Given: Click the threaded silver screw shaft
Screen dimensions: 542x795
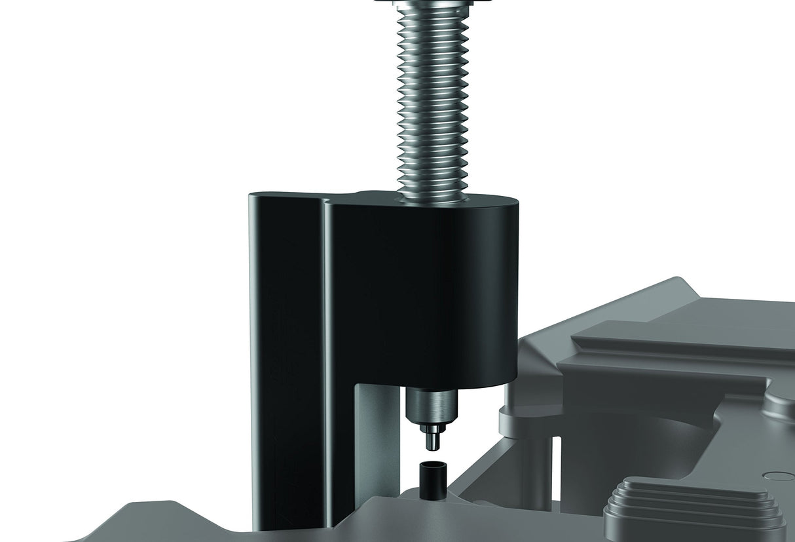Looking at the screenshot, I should click(x=432, y=98).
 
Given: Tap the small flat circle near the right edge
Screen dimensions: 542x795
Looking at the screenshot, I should click(x=778, y=477).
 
